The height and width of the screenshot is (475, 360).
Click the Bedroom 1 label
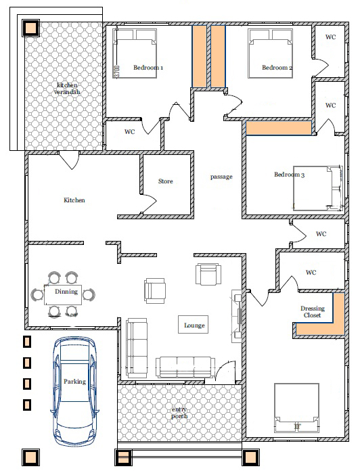(x=148, y=67)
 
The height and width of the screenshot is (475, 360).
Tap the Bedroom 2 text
(x=277, y=67)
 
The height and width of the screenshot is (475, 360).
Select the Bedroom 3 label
(x=289, y=175)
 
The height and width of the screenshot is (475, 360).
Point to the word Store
(x=166, y=181)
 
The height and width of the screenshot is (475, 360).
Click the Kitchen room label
(x=74, y=200)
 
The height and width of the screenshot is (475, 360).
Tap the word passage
(x=221, y=177)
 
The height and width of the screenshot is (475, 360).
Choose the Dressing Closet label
(x=313, y=312)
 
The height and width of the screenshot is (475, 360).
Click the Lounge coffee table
(x=193, y=324)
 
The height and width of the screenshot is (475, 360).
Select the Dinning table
(x=63, y=295)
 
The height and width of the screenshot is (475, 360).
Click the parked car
(x=75, y=391)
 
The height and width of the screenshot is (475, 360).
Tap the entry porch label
(x=179, y=413)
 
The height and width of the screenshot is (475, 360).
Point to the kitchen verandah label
(x=67, y=89)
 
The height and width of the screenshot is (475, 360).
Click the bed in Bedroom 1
(x=135, y=53)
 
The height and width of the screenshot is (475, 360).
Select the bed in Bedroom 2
(x=270, y=53)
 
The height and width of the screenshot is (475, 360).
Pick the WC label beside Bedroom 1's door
(x=130, y=132)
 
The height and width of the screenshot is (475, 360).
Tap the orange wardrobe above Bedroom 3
(x=279, y=128)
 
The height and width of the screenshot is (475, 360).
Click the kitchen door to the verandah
(x=69, y=160)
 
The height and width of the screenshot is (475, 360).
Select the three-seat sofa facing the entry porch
(x=185, y=367)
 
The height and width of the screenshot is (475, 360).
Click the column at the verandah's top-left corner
(x=30, y=28)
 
